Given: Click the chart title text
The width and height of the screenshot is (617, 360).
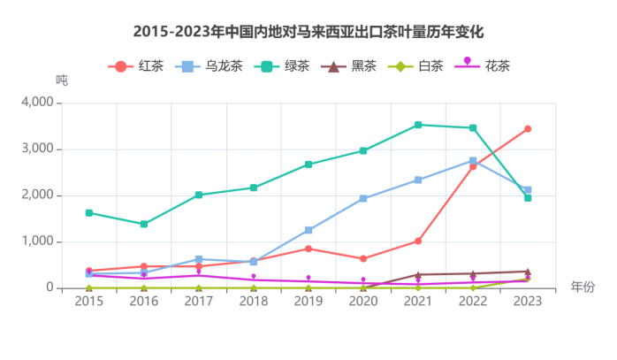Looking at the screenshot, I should [x=308, y=32].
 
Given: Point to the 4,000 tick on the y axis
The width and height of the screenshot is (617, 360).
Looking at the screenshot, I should [x=36, y=103].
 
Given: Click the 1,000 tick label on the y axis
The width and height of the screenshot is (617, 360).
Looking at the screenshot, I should [x=36, y=241].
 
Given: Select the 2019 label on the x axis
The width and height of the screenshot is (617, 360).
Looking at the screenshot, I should [x=308, y=302].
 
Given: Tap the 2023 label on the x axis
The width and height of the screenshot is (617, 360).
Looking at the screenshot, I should [x=528, y=302].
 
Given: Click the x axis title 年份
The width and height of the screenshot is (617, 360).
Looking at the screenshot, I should [x=583, y=287].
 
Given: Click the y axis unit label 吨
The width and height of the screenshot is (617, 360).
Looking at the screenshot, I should [x=61, y=80].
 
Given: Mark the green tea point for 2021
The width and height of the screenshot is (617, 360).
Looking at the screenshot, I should [x=418, y=125].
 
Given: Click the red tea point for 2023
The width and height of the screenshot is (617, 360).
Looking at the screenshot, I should [x=528, y=129].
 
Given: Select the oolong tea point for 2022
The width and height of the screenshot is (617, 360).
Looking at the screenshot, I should [x=473, y=161].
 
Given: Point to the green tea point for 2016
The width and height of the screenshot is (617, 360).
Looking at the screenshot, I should [x=144, y=224].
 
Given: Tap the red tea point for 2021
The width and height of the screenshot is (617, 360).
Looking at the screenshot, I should [x=418, y=241].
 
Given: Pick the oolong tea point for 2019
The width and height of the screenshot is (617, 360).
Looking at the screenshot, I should [x=308, y=230].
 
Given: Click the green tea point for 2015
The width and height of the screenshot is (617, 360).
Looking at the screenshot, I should [x=89, y=212].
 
